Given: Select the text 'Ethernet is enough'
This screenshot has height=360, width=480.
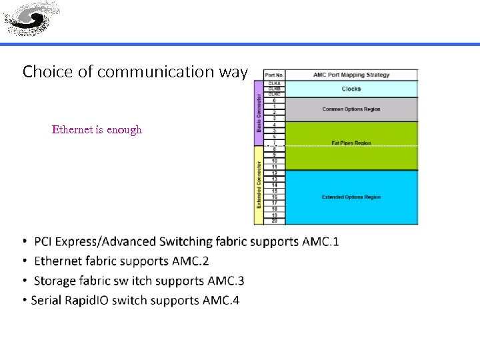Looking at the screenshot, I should click(x=97, y=129).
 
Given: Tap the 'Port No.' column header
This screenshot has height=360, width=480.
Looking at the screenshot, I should click(x=274, y=75).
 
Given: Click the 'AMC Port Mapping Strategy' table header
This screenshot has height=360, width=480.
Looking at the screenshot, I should click(x=351, y=75).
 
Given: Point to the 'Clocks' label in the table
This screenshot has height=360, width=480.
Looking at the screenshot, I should click(x=351, y=89).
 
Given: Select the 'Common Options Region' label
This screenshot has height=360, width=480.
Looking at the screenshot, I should click(x=351, y=109).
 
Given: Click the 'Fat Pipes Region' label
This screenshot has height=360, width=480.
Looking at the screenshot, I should click(x=351, y=143).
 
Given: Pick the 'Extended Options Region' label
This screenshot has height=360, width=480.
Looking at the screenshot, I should click(x=351, y=197).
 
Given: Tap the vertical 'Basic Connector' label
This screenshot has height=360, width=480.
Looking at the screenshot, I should click(x=259, y=111).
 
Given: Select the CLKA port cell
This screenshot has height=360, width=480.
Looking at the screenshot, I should click(x=274, y=83).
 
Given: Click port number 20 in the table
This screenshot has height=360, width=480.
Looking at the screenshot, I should click(x=274, y=221).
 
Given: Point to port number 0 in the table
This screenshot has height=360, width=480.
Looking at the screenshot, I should click(x=274, y=101).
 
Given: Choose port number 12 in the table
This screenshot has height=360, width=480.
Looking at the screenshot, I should click(x=274, y=173).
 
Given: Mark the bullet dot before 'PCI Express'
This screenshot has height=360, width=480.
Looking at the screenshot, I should click(x=25, y=241).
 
